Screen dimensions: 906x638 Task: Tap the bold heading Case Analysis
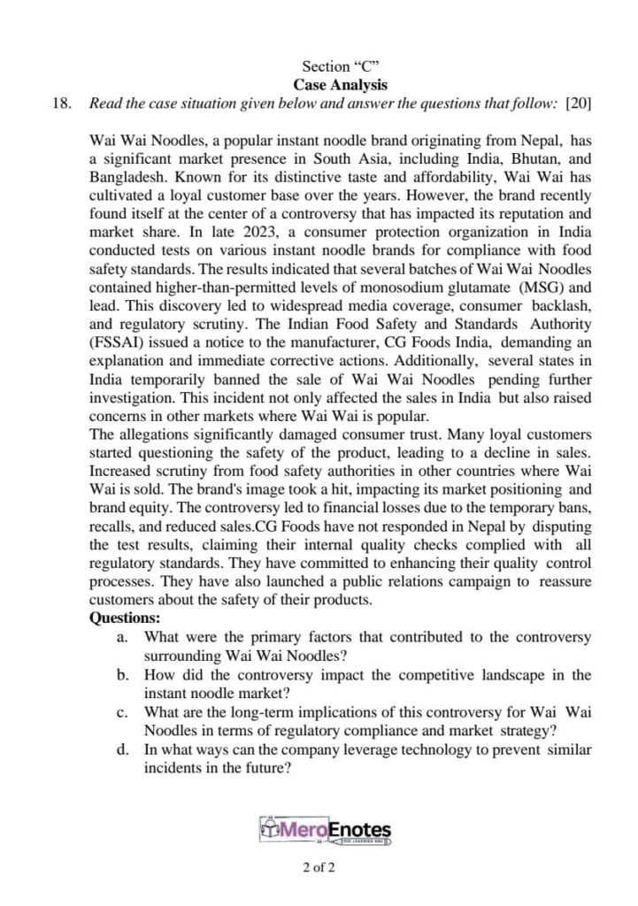tap(341, 85)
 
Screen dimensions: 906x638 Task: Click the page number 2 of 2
tap(319, 868)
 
